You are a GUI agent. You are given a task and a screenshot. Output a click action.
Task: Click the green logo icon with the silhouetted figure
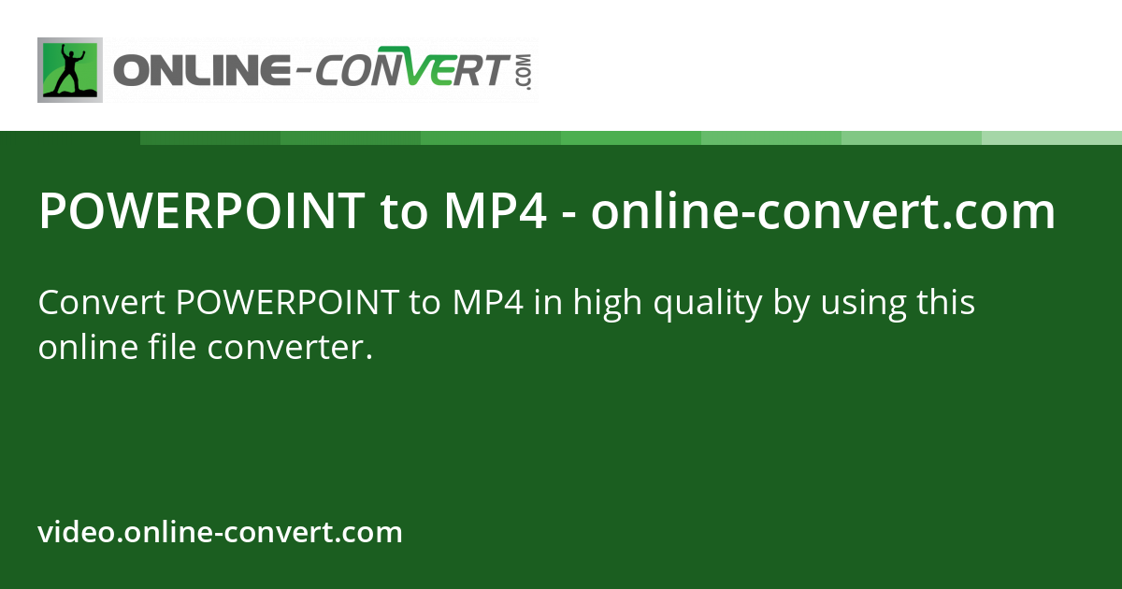[70, 70]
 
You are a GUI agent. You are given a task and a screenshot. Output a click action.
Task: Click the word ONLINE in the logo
[202, 70]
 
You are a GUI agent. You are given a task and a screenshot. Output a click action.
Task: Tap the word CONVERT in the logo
[411, 67]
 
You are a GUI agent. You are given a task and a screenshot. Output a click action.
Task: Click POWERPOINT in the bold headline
[202, 211]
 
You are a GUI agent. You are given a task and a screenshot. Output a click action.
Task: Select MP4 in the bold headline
[495, 211]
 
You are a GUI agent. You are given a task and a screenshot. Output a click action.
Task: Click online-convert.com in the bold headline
[823, 211]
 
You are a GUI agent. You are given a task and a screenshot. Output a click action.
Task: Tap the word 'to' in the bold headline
[404, 212]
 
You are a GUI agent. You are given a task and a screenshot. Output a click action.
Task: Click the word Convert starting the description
[102, 303]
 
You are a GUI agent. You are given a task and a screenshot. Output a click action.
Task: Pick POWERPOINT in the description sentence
[288, 303]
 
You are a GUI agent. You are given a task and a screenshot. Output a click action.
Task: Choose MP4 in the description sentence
[488, 303]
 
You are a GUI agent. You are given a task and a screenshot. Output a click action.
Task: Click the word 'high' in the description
[607, 305]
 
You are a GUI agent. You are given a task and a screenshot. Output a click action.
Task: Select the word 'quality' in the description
[708, 305]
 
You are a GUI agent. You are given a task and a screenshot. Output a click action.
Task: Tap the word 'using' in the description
[864, 306]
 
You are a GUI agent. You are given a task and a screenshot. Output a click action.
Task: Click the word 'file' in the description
[172, 347]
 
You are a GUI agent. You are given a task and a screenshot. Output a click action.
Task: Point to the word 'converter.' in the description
[290, 349]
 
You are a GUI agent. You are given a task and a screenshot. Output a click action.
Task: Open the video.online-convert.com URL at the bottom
[220, 532]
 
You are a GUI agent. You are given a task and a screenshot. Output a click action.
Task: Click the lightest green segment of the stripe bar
[1052, 137]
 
